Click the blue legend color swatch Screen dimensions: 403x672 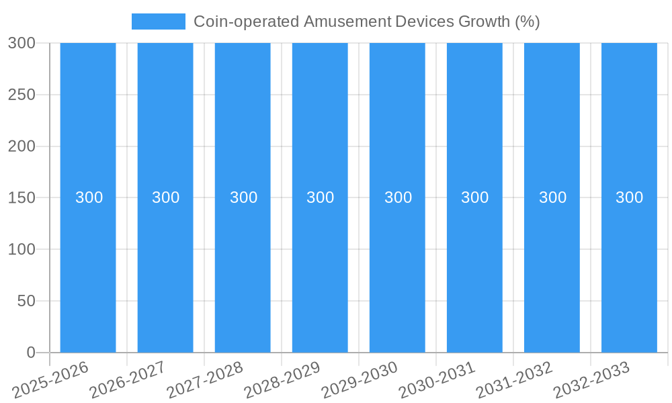158,21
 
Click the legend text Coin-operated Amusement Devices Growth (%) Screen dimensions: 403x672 366,21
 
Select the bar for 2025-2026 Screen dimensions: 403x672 88,269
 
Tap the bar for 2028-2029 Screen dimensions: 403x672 320,269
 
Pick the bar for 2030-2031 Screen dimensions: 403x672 474,269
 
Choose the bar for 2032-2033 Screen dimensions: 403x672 629,269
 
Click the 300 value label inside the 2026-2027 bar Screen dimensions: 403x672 165,197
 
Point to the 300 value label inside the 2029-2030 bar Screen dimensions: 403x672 398,197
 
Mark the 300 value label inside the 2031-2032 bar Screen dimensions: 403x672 552,197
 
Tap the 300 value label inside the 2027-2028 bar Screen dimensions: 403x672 243,197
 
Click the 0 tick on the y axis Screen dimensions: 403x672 30,353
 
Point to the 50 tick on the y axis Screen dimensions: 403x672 26,301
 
